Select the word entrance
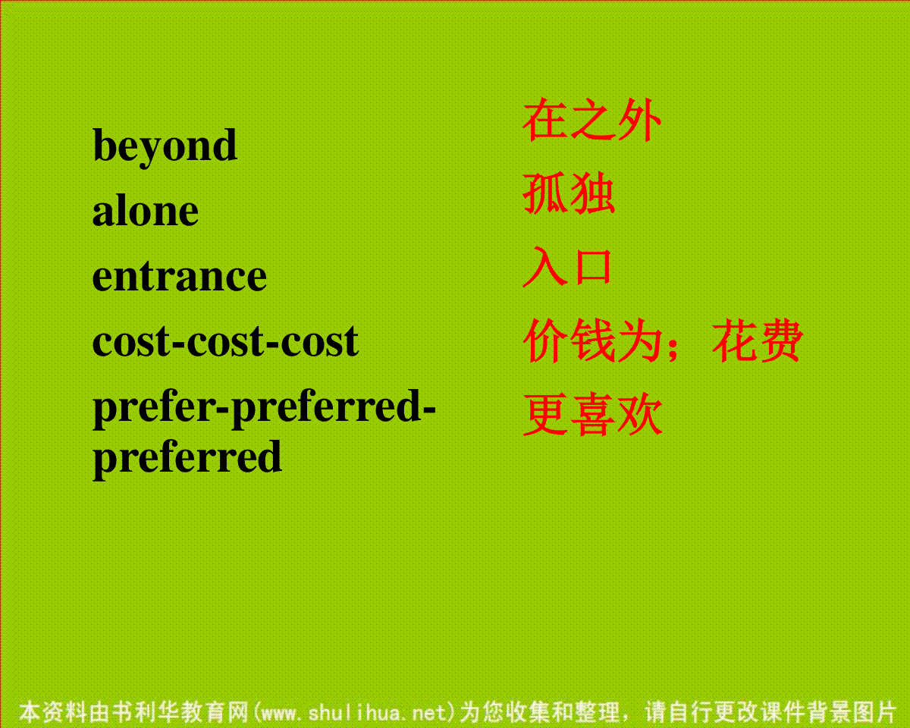tap(180, 276)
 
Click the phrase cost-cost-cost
tap(225, 341)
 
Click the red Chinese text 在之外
tap(592, 120)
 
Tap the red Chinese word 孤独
tap(569, 193)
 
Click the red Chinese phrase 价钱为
tap(592, 341)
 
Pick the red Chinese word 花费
tap(758, 341)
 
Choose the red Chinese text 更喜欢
tap(592, 415)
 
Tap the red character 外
tap(639, 120)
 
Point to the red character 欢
tap(640, 415)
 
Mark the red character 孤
tap(545, 193)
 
